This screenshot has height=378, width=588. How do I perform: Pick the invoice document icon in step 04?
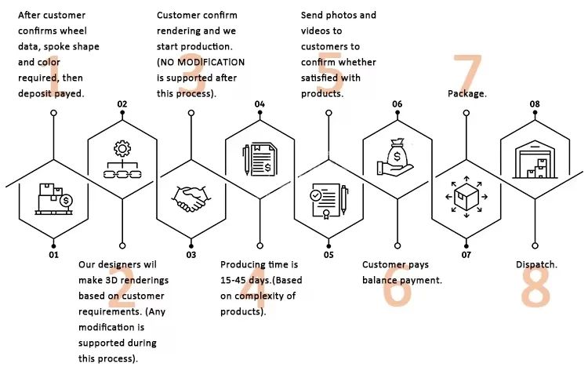click(260, 160)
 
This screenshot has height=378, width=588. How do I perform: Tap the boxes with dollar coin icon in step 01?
click(53, 198)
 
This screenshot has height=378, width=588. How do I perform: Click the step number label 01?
click(53, 255)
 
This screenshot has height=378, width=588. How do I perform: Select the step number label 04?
click(260, 104)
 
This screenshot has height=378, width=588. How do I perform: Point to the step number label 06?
click(397, 104)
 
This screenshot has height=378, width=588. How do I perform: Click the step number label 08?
click(535, 104)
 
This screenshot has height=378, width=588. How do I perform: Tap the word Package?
click(467, 93)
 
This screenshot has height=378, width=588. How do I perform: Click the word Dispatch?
click(536, 265)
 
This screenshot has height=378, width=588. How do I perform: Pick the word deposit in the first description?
click(37, 93)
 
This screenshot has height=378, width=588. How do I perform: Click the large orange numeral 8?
click(535, 287)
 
